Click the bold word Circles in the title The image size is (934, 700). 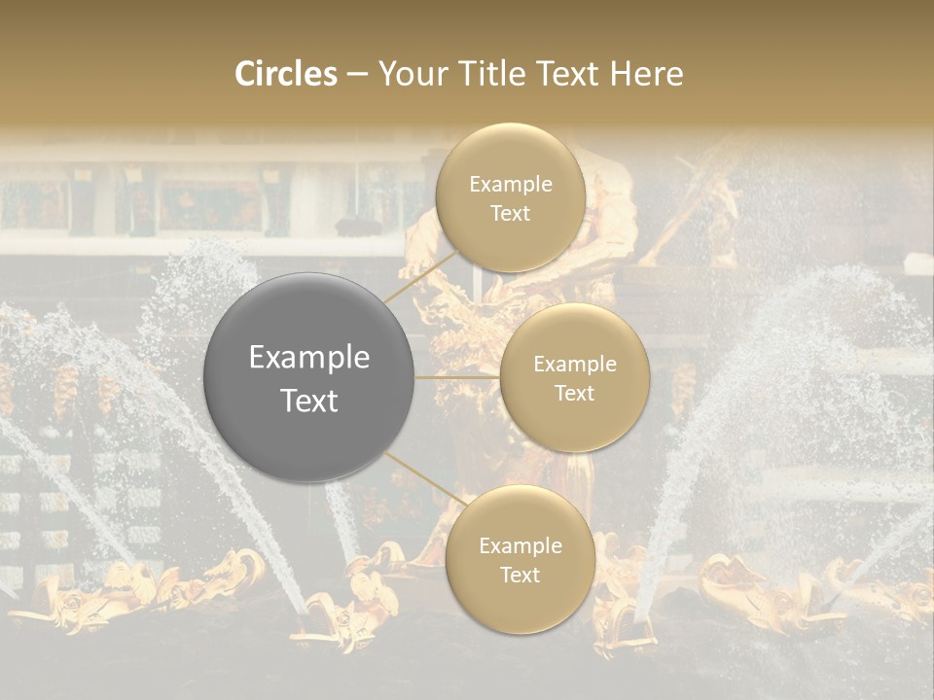[286, 74]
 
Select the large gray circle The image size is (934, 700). [309, 377]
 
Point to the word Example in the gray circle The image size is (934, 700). [309, 358]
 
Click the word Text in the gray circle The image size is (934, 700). [309, 401]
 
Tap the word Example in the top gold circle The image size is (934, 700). [510, 185]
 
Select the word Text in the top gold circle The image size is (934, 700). [510, 214]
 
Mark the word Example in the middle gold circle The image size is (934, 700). [574, 365]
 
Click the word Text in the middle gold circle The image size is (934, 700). [574, 394]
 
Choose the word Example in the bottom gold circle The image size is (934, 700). [520, 546]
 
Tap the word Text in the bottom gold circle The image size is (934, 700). [520, 576]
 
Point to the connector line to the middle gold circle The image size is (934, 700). [457, 377]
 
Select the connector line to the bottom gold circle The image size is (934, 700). [418, 476]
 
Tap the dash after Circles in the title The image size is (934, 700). [357, 75]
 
